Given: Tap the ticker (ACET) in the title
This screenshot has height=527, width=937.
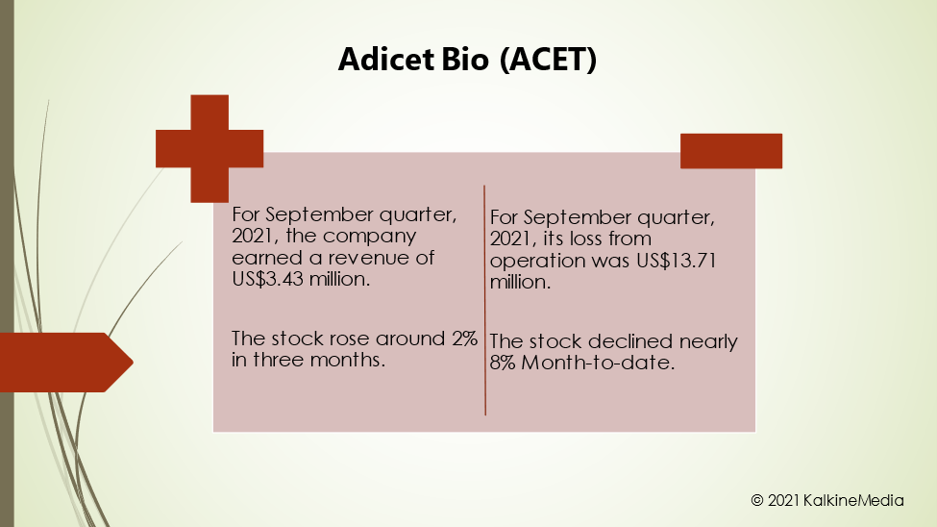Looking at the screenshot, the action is pos(548,60).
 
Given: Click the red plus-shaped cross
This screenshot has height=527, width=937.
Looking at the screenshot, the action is pos(210,148).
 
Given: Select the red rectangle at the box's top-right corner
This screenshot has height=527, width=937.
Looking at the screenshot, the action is pos(730,151).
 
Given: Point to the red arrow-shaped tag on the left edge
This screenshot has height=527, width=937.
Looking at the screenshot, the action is pos(65,362).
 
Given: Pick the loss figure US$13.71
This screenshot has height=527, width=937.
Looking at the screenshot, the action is pos(676,261).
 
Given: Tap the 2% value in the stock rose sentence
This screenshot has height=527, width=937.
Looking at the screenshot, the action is pos(464,339).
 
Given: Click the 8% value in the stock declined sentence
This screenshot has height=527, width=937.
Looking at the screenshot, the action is pos(503,363).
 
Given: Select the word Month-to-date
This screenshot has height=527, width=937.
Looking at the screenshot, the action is pos(598,363).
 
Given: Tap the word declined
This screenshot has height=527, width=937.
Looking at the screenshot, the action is pos(630,341).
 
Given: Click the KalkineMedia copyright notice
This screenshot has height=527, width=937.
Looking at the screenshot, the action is pos(827,500).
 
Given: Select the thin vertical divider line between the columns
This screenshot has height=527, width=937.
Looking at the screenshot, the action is pos(484,300).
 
